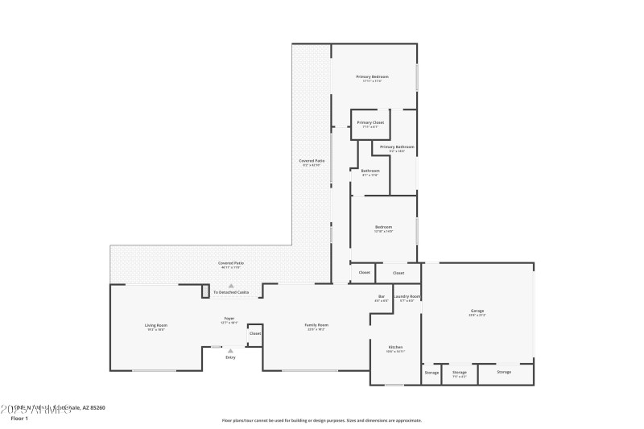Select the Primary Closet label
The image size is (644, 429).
370,122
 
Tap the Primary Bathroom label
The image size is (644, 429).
397,147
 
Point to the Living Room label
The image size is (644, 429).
156,325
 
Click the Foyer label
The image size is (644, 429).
229,320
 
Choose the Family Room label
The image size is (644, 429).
316,325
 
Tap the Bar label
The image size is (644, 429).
382,297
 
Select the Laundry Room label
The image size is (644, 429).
407,297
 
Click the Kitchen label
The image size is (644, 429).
395,347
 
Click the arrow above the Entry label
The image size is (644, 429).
230,350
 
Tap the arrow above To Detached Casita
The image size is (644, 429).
230,286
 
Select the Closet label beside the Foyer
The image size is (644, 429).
255,333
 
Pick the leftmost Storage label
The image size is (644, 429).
431,372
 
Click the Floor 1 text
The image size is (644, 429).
19,419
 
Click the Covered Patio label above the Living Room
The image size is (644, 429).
231,263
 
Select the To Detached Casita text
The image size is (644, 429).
231,292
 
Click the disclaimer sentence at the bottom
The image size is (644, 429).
321,420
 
